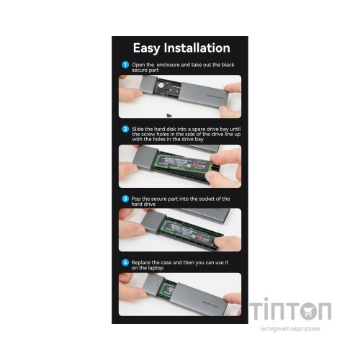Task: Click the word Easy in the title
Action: pos(150,48)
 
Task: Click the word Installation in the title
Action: pos(199,48)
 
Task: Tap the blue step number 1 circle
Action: pos(125,64)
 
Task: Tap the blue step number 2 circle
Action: pos(125,130)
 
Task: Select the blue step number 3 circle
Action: pos(125,198)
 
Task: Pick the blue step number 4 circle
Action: pos(125,262)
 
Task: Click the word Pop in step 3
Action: pos(137,198)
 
